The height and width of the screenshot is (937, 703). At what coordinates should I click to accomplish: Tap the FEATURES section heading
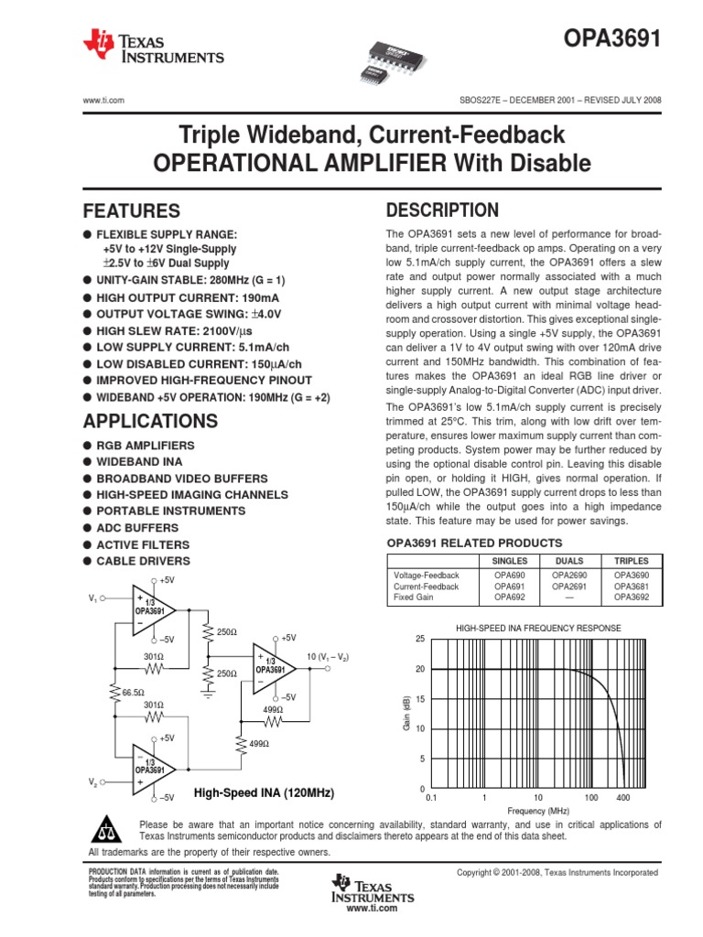coord(132,210)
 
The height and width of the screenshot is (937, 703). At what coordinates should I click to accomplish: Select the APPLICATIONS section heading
coord(151,421)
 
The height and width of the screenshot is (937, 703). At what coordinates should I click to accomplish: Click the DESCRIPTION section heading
coord(443,210)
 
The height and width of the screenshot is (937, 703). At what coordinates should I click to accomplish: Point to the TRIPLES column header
coord(632,561)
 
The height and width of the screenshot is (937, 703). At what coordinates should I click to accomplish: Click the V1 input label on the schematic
coord(92,598)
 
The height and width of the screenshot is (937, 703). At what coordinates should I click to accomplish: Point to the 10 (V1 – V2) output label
coord(328,658)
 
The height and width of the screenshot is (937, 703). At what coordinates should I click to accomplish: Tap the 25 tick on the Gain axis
coord(420,639)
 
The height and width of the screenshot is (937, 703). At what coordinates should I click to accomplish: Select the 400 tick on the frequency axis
coord(623,798)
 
